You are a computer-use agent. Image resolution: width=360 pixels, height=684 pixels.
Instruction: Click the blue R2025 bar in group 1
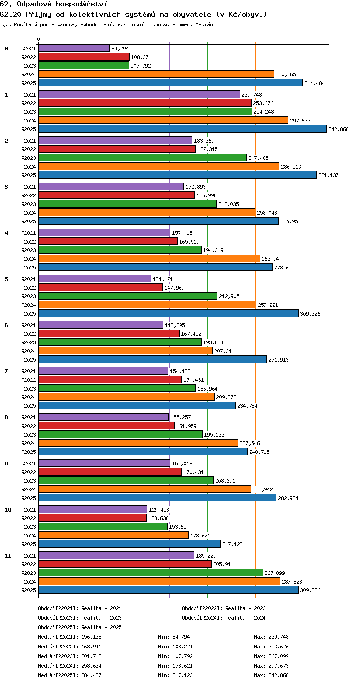pos(183,129)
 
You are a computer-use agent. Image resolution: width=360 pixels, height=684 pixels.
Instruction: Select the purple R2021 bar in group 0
pos(74,48)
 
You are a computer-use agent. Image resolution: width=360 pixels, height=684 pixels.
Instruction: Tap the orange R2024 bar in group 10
pos(114,535)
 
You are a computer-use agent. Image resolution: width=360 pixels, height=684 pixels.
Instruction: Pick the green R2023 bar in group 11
pos(151,573)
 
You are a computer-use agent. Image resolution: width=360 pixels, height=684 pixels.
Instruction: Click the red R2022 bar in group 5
pos(101,287)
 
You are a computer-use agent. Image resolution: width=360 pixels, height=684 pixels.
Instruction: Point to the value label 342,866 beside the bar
pos(338,129)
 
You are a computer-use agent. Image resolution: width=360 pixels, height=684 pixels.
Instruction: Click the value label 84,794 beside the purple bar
pos(120,49)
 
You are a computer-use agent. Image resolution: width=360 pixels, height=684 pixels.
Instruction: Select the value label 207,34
pos(223,351)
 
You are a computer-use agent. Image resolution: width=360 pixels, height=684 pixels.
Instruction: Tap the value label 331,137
pos(328,175)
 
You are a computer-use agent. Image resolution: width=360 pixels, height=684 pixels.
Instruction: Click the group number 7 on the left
pos(6,371)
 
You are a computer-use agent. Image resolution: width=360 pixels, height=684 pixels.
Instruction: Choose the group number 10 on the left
pos(8,510)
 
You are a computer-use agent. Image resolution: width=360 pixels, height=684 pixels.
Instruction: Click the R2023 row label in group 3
pos(28,204)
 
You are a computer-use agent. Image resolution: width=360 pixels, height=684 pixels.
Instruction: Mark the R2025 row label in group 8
pos(28,452)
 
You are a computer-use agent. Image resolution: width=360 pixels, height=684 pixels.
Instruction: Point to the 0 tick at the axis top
pos(39,39)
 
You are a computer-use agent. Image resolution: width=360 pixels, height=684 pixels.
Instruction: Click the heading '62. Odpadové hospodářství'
pos(54,4)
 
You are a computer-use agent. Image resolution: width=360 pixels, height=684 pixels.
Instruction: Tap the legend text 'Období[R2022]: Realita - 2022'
pos(224,608)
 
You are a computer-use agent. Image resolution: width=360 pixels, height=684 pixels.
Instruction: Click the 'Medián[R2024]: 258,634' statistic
pos(70,666)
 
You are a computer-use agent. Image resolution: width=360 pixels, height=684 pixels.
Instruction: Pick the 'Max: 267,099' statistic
pos(271,656)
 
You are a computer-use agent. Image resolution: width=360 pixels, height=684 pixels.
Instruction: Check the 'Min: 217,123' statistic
pos(175,675)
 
